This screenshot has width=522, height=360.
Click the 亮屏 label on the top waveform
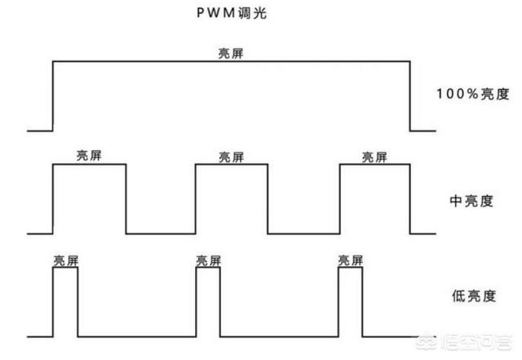point(231,53)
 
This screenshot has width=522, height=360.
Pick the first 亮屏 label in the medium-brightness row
point(89,156)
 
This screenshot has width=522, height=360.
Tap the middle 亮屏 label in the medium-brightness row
point(232,156)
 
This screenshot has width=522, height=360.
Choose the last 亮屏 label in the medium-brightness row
point(375,156)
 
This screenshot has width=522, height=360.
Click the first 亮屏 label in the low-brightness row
point(65,260)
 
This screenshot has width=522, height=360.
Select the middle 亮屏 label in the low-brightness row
point(208,260)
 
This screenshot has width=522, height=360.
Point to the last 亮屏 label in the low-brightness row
point(350,260)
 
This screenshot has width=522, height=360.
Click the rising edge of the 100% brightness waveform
point(53,96)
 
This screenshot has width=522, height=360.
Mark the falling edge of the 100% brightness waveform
point(409,96)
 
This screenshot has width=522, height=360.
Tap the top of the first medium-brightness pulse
point(89,165)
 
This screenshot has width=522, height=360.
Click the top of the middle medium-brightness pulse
point(232,165)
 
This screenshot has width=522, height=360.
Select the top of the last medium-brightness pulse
point(374,165)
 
